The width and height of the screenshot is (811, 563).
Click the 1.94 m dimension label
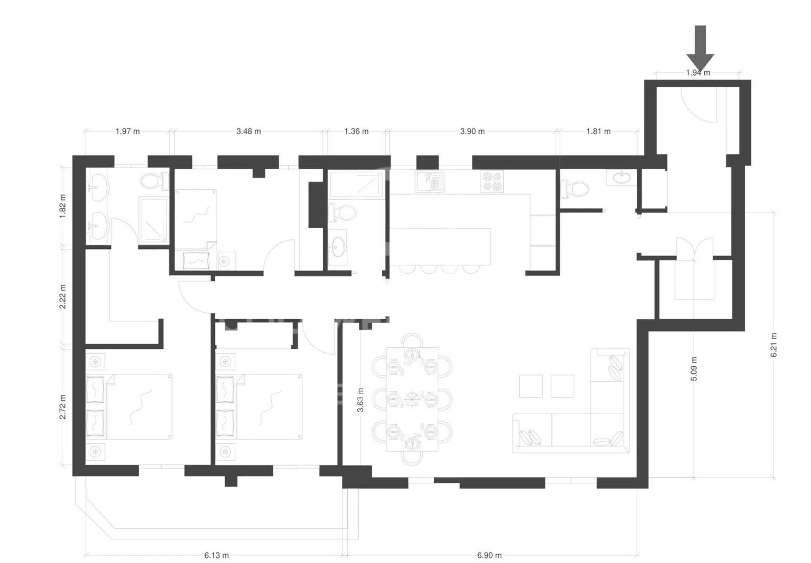coord(698,73)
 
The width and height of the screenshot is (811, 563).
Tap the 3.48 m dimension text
coord(249,131)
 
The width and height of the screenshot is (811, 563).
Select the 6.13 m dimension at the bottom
coord(216,555)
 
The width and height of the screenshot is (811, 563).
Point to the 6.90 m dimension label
coord(489,555)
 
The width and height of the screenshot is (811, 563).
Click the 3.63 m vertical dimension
coord(360,400)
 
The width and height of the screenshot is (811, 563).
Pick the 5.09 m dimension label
coord(694,368)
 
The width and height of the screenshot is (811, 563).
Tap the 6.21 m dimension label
coord(774,345)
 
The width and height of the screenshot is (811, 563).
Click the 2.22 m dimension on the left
coord(63,296)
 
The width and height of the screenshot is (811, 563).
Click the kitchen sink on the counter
coord(430,181)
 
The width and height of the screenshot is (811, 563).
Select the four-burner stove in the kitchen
coord(492,181)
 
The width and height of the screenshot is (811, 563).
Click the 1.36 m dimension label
coord(356,131)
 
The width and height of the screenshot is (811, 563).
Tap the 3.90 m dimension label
coord(472,131)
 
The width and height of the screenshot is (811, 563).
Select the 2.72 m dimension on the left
coord(63,407)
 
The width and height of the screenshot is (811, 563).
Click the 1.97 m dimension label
coord(127,131)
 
